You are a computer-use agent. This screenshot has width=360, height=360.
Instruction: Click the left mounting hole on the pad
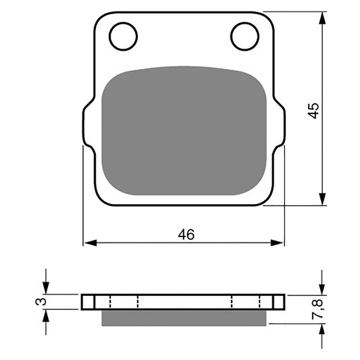click(x=123, y=36)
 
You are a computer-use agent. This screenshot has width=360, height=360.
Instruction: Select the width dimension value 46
click(x=186, y=234)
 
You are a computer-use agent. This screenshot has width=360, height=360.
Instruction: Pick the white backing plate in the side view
click(x=183, y=302)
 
